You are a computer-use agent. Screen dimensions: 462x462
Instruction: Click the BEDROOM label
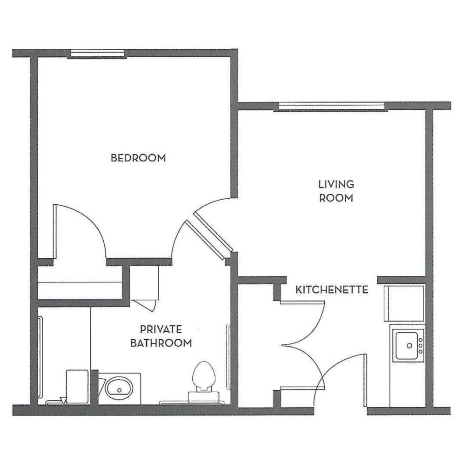click(138, 158)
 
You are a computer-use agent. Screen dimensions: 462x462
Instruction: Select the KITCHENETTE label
click(332, 290)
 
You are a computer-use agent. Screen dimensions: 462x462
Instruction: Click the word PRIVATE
click(161, 329)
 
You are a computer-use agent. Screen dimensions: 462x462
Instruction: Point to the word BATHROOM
click(161, 343)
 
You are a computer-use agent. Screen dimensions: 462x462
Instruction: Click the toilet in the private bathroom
click(204, 380)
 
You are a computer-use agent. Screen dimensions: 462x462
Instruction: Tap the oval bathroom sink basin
click(119, 388)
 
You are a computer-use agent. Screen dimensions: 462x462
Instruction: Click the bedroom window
click(98, 54)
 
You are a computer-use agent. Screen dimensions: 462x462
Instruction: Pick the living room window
click(331, 106)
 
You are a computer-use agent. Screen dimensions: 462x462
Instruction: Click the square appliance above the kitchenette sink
click(404, 303)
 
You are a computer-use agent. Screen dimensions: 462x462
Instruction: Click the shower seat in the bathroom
click(77, 386)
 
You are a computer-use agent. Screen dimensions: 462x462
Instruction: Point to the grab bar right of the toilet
click(228, 356)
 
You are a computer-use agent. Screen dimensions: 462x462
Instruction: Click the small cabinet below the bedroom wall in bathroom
click(144, 284)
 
